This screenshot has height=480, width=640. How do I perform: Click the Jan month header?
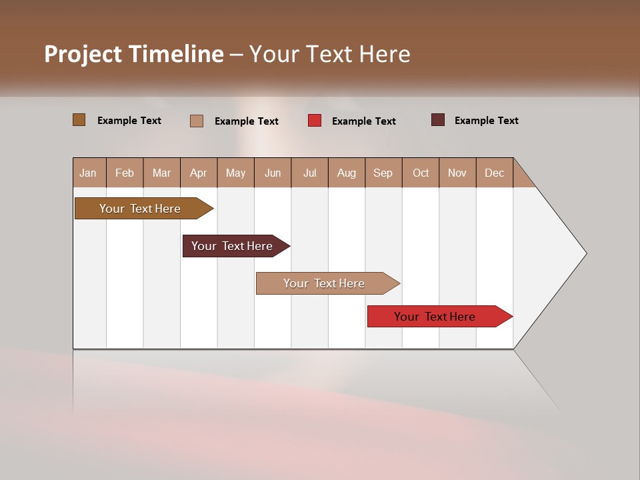tap(88, 173)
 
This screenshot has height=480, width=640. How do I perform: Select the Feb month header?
tap(125, 173)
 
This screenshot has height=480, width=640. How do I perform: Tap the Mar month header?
tap(161, 173)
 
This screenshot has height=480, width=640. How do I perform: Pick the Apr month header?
tap(199, 173)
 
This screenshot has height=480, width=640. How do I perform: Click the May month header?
tap(235, 173)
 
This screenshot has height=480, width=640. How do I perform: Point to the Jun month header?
tap(273, 173)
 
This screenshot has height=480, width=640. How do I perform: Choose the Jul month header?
tap(309, 173)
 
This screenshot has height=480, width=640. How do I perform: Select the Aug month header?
tap(347, 173)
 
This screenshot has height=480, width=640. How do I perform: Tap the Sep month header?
tap(383, 173)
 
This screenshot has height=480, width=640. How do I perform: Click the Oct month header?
tap(421, 173)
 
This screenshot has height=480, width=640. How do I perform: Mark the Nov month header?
tap(457, 173)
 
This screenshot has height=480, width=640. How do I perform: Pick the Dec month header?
tap(495, 173)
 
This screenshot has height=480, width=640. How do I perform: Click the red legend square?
tap(315, 121)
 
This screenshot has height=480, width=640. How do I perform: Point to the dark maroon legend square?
tap(438, 120)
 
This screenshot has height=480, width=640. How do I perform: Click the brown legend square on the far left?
tap(79, 120)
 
